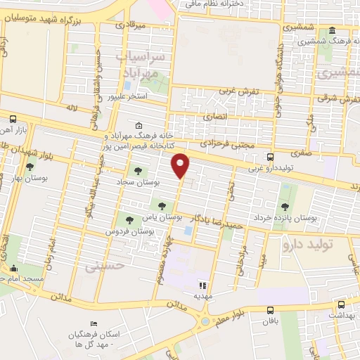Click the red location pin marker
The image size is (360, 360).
[181, 165]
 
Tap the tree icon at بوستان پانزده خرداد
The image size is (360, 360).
[285, 207]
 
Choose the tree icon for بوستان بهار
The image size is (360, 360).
[30, 167]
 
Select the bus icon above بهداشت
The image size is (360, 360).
[341, 304]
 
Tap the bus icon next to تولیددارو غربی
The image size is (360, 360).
[271, 157]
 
